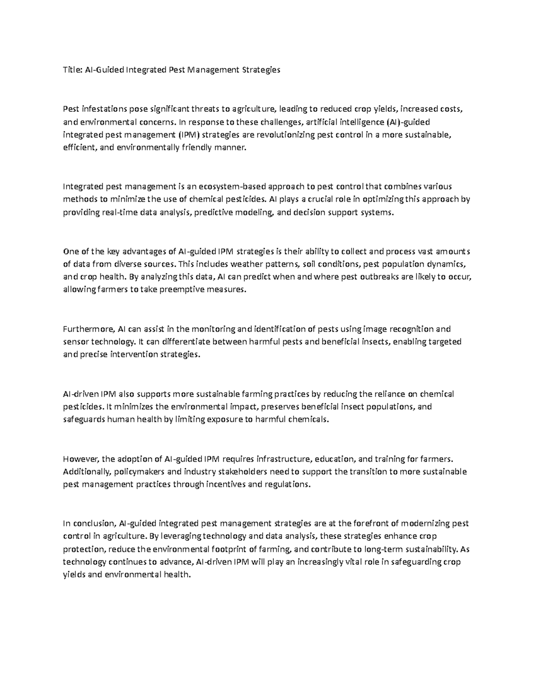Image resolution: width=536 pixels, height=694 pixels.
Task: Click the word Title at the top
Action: point(71,70)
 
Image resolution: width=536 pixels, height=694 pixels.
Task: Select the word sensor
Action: point(76,342)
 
